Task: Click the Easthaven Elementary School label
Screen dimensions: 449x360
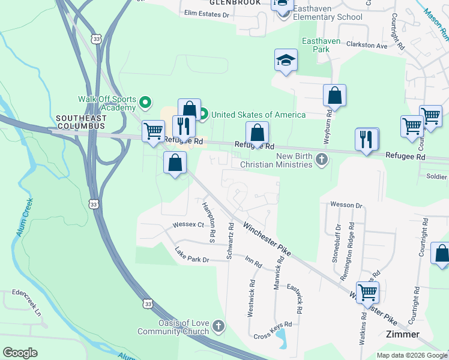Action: tap(328, 17)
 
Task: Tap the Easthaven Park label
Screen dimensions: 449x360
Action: tap(321, 45)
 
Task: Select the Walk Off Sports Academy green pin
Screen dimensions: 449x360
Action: tap(144, 101)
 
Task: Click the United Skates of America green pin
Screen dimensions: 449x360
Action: tap(203, 113)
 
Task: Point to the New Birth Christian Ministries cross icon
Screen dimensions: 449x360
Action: tap(322, 160)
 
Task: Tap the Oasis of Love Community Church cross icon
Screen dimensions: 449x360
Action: tap(218, 327)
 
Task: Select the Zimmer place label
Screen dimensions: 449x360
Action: tap(403, 334)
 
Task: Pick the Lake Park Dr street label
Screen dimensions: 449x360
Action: tap(191, 255)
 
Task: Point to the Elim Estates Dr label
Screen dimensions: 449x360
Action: tap(207, 13)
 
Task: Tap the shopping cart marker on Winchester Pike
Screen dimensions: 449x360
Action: tap(367, 292)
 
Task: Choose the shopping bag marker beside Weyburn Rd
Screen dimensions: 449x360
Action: tap(334, 95)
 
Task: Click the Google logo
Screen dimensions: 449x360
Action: tap(20, 353)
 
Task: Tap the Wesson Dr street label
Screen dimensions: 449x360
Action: tap(346, 205)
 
